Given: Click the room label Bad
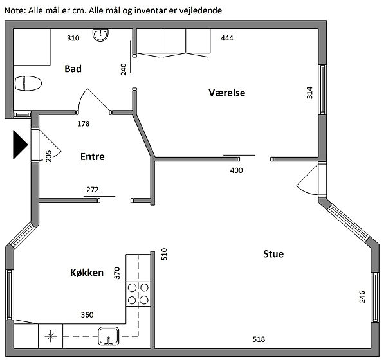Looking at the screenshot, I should point(73,69).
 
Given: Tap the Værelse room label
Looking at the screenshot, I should point(227,93).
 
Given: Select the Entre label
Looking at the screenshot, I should point(92,156).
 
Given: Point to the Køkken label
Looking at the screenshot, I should point(87,273).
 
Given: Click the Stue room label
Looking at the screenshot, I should point(273,254).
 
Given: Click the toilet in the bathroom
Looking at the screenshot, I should point(28,84).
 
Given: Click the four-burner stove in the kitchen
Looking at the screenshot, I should point(139,293).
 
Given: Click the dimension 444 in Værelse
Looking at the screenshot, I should point(226,39).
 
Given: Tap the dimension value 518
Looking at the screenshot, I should point(258,339).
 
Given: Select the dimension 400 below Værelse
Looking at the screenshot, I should point(237,170).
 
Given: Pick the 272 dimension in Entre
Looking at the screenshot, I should point(93,190).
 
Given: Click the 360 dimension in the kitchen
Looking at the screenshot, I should point(87,315).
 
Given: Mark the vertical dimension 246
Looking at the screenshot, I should point(362,296).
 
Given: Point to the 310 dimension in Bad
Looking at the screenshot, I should point(73,39).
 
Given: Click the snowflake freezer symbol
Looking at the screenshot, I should point(51,334).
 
